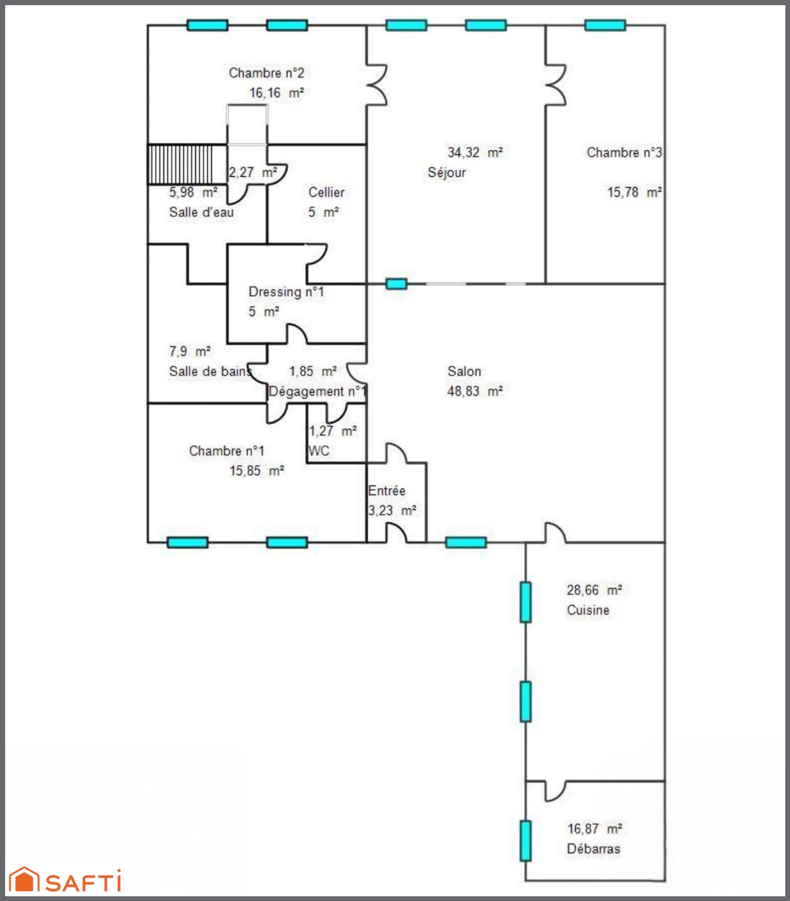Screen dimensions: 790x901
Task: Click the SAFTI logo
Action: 65,880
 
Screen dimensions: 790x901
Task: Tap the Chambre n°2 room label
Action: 266,73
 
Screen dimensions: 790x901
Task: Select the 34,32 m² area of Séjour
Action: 475,153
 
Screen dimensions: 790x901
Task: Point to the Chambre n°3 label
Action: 624,153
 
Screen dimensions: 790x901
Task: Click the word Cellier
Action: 327,192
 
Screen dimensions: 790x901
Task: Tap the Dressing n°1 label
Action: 286,291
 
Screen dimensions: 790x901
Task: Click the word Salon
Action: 464,371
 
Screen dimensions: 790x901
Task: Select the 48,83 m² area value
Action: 475,391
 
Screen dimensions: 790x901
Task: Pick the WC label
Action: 319,451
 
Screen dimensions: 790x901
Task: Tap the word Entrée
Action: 387,490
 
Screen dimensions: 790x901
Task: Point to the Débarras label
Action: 593,848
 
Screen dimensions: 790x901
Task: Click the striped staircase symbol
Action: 187,164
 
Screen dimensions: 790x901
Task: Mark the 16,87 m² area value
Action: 595,829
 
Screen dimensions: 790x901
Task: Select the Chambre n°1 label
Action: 227,451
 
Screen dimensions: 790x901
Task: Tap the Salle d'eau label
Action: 201,212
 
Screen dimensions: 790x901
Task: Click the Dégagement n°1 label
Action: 317,391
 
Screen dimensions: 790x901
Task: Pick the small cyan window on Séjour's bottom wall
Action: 396,283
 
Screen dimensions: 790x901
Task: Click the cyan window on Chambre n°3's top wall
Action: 605,25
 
